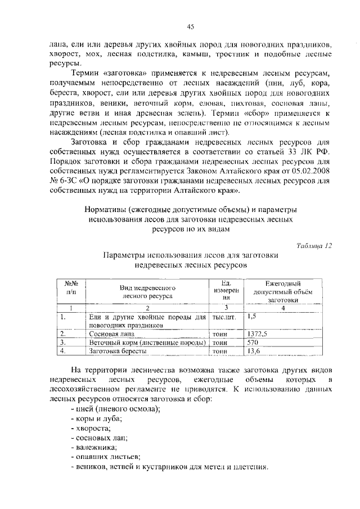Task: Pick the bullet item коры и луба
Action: coord(98,418)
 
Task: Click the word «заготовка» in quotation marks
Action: coord(126,74)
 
